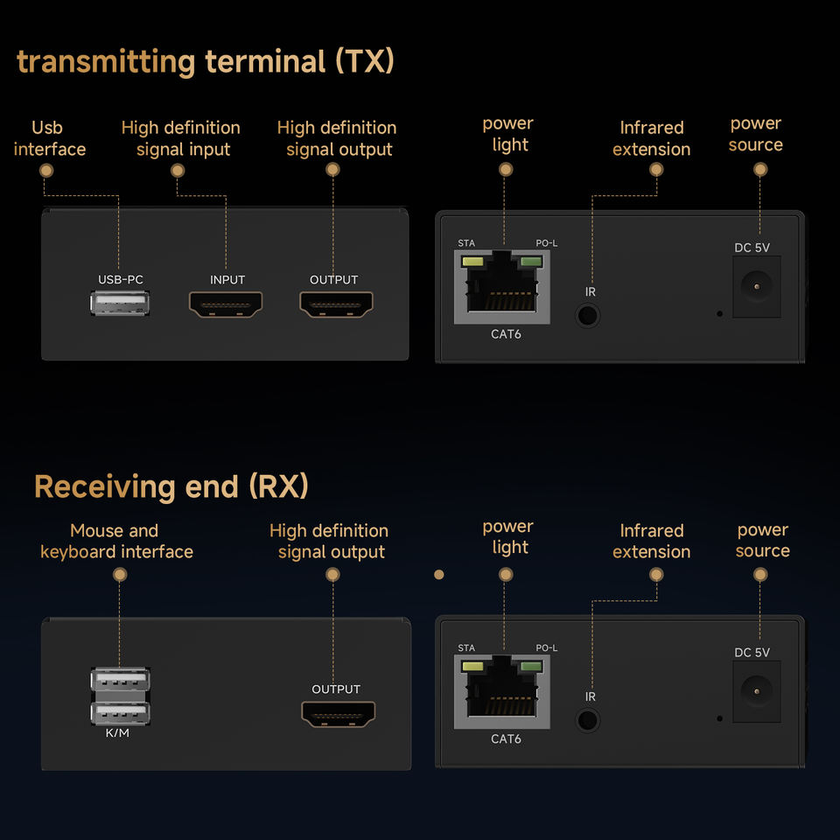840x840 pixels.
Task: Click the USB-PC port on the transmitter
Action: point(120,304)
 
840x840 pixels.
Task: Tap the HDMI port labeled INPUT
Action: point(226,304)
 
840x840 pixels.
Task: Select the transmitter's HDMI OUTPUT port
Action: point(336,304)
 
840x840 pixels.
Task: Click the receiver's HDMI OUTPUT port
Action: point(338,714)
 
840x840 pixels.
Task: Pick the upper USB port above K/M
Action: point(120,680)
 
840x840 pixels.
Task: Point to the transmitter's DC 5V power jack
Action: point(756,284)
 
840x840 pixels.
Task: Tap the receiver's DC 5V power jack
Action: point(756,690)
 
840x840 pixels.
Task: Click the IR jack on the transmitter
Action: point(588,314)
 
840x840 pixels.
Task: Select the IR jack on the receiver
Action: point(588,720)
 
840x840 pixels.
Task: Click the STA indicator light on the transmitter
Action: point(472,261)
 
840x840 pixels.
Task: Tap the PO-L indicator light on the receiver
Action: point(530,668)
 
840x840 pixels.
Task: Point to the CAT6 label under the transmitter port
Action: point(506,334)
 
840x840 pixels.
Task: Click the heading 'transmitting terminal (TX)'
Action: point(206,62)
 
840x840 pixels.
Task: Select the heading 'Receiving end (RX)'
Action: point(171,486)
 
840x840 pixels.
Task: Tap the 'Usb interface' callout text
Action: point(49,138)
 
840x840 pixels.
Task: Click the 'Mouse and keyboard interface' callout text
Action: point(115,542)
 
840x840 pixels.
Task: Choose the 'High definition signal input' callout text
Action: point(181,138)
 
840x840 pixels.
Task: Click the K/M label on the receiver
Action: point(117,732)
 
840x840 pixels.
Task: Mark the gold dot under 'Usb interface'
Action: point(46,170)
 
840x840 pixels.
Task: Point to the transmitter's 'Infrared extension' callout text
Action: point(651,138)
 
